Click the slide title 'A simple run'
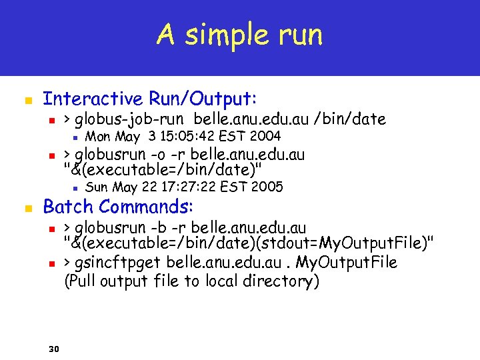pos(239,35)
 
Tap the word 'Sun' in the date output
pos(98,187)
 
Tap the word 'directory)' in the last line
pos(280,281)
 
